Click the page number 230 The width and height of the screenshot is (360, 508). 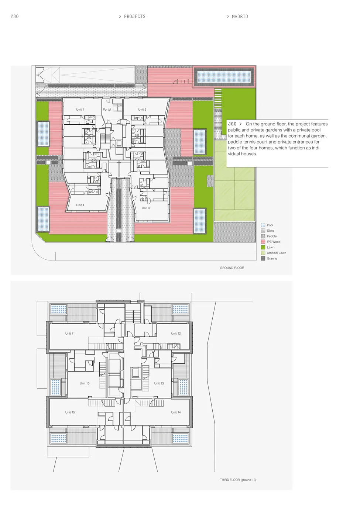click(14, 16)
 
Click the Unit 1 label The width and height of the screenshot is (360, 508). click(80, 110)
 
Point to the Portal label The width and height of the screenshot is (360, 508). click(107, 110)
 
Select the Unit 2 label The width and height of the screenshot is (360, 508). click(142, 110)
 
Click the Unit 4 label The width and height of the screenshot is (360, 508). click(80, 205)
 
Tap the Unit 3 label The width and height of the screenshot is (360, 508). click(146, 208)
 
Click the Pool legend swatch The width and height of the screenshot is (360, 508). click(263, 225)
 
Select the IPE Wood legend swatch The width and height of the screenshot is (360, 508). click(263, 242)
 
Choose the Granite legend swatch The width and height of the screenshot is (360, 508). click(263, 258)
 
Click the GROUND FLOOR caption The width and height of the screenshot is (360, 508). click(232, 268)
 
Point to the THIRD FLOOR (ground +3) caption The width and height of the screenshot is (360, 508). click(238, 480)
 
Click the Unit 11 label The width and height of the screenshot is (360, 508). click(70, 334)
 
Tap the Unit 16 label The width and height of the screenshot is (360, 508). click(85, 383)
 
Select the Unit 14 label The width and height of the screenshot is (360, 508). click(176, 412)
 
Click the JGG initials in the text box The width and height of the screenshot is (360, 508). click(232, 124)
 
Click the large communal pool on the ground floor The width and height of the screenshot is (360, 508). click(224, 77)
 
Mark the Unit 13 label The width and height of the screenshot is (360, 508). click(159, 383)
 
